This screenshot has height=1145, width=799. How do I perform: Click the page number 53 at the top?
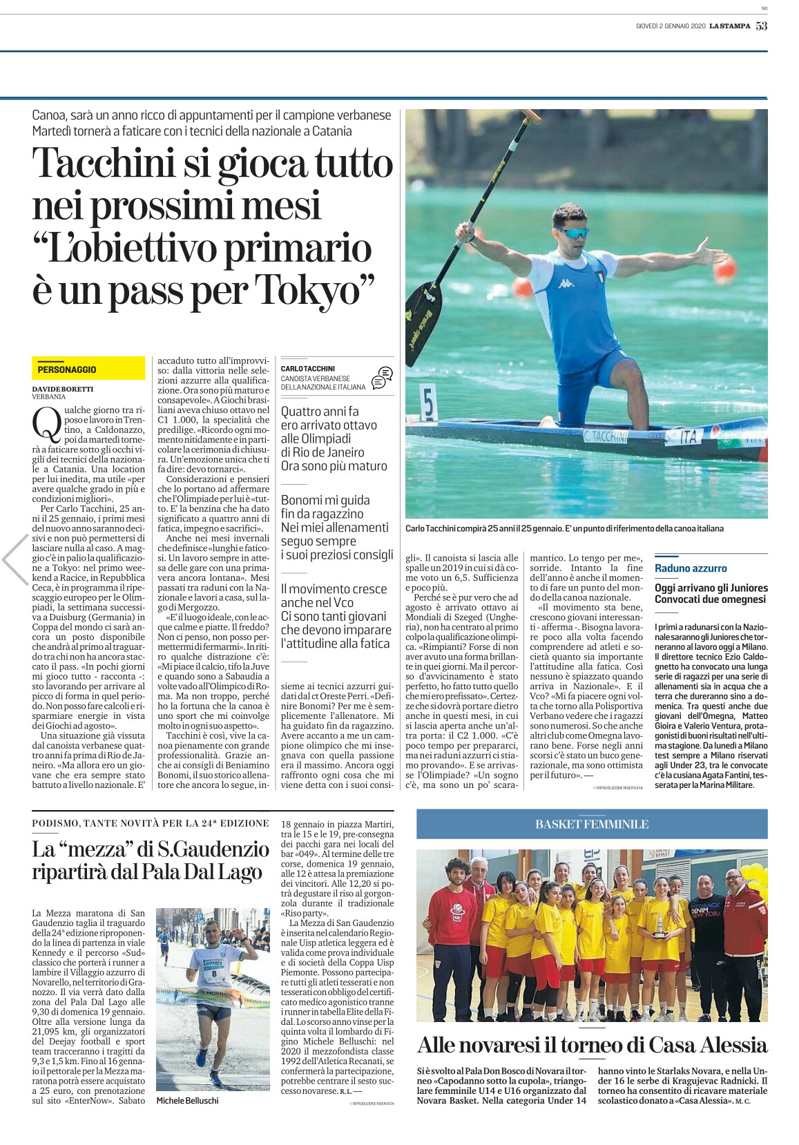pos(761,26)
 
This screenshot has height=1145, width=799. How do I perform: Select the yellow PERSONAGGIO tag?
pos(67,369)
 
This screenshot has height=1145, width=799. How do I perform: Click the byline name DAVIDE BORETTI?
pos(62,389)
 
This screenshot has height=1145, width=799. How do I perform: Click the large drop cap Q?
pos(44,423)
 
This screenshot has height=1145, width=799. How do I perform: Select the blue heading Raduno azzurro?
pos(691,568)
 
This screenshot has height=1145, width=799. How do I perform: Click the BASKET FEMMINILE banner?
pos(592,824)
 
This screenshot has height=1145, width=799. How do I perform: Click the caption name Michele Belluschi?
pos(188,1100)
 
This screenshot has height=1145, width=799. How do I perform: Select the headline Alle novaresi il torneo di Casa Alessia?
pos(592,1043)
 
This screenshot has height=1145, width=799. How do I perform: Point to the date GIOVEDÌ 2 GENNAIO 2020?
pos(669,26)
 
